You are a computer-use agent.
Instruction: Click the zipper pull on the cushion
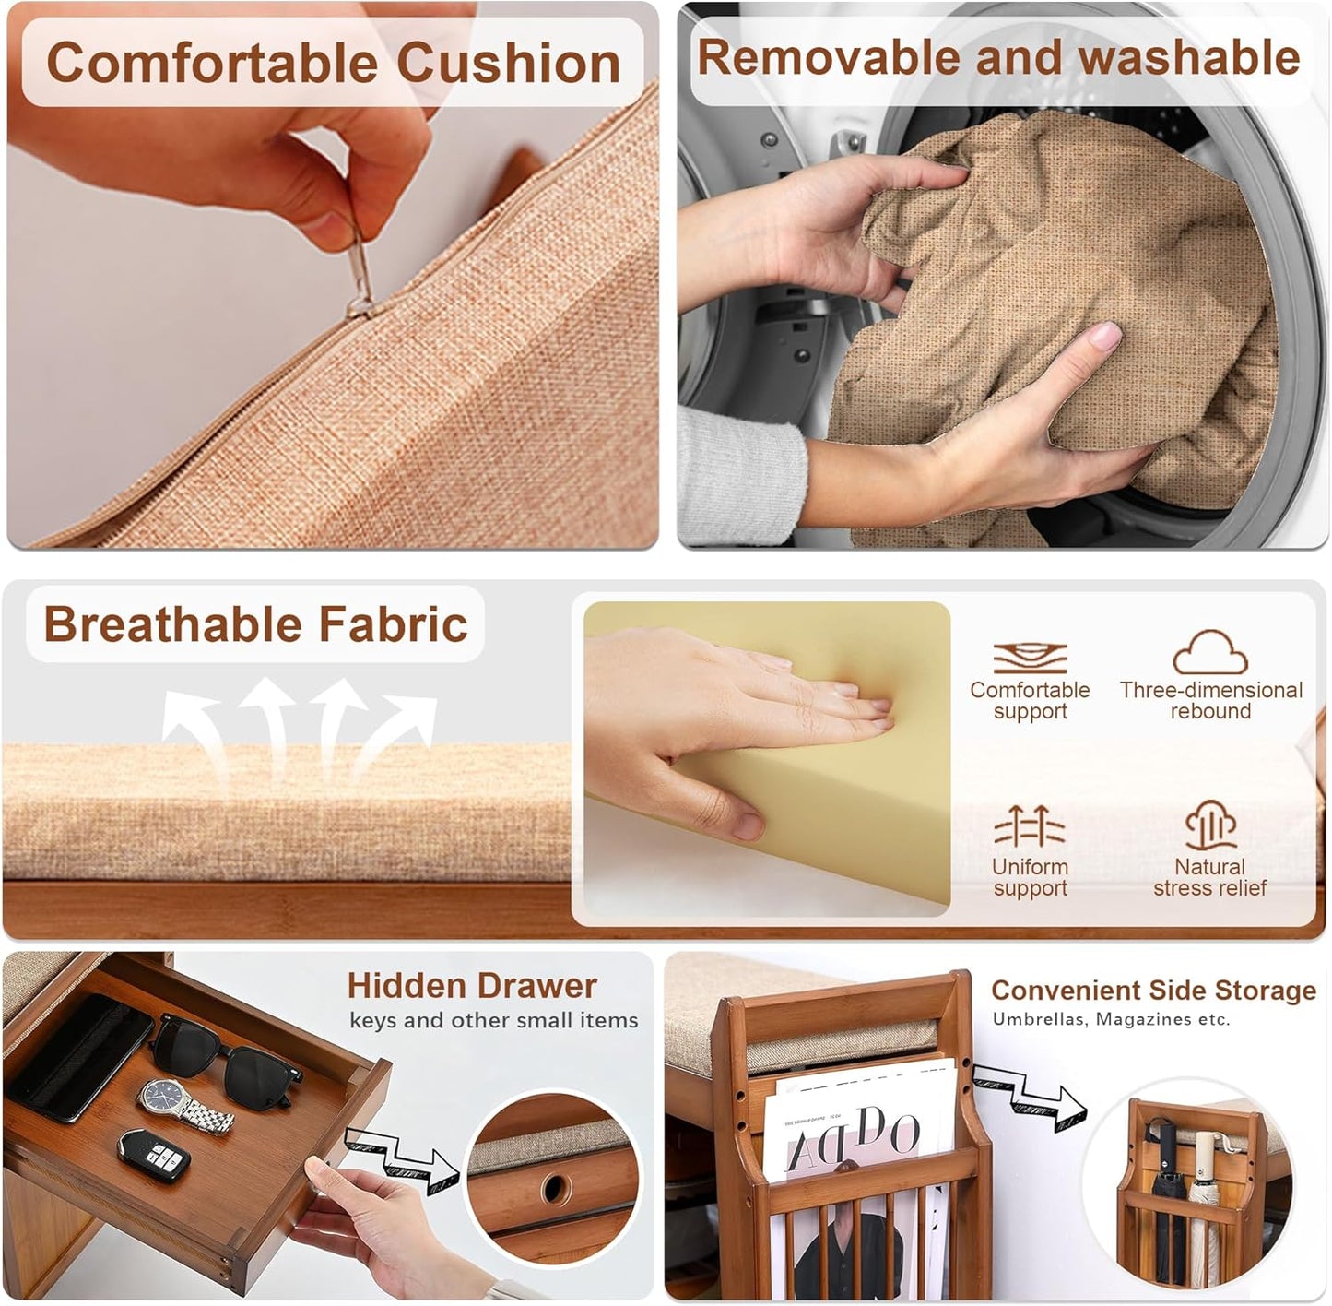[361, 277]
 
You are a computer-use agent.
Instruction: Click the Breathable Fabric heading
[255, 624]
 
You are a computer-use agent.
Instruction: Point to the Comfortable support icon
[1030, 658]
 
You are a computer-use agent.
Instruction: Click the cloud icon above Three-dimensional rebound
[1210, 653]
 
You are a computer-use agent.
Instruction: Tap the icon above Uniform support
[1030, 825]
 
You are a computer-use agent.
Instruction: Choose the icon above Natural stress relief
[1210, 825]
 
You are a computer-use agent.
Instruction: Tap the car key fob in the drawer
[154, 1153]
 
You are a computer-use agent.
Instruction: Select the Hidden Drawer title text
[472, 986]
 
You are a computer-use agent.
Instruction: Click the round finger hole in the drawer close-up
[555, 1188]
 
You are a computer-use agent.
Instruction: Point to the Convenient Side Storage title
[1153, 991]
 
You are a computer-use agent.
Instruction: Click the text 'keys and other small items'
[493, 1020]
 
